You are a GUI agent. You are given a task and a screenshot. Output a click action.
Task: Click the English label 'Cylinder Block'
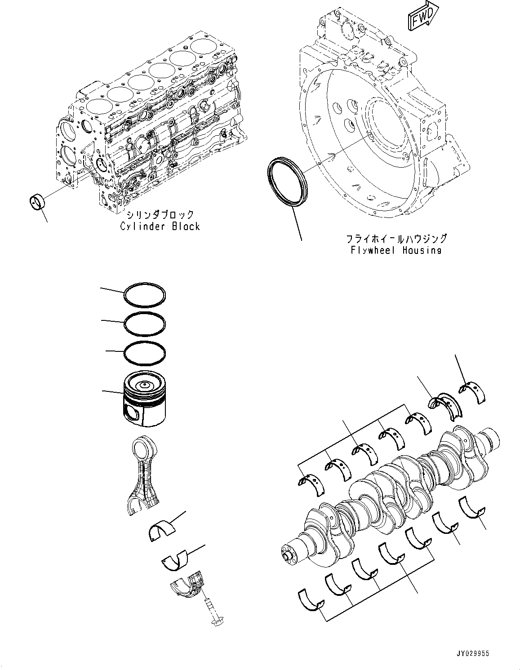tap(160, 226)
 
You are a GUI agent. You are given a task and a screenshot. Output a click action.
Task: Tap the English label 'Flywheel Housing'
tap(396, 250)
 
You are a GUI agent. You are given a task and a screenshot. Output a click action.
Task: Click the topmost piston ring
tap(145, 294)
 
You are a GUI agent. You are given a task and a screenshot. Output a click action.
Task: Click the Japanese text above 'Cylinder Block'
tap(160, 214)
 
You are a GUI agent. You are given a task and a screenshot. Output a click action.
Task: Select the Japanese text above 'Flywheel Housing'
tap(396, 238)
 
